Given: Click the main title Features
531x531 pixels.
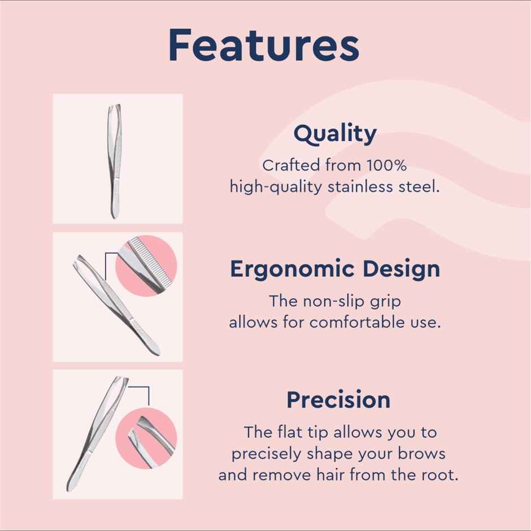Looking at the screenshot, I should pyautogui.click(x=264, y=46).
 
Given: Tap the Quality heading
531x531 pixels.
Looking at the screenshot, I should pyautogui.click(x=335, y=134).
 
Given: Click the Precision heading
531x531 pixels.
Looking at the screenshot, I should pyautogui.click(x=338, y=400).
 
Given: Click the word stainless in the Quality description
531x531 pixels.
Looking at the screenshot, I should pyautogui.click(x=364, y=187).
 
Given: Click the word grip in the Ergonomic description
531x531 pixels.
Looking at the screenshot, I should pyautogui.click(x=389, y=301).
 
